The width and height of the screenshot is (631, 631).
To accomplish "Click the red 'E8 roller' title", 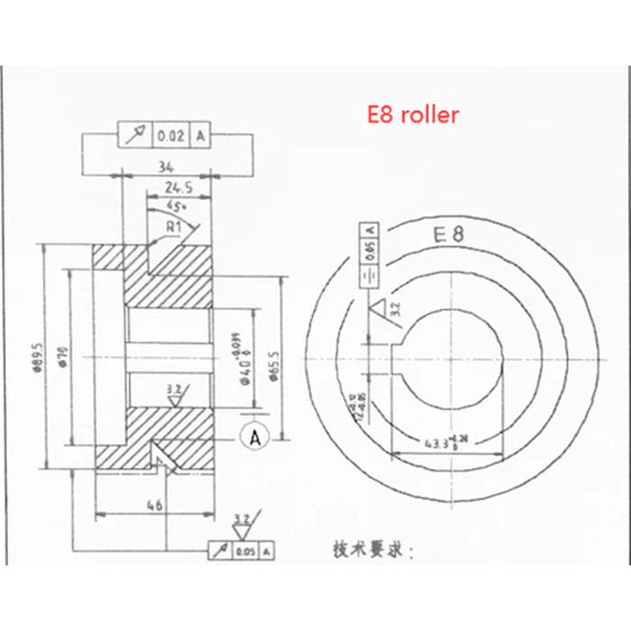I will tap(412, 114).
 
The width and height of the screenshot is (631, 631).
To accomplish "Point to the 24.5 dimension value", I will tap(178, 188).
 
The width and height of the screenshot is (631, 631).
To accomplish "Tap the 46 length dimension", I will tap(154, 508).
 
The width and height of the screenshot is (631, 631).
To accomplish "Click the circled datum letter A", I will tap(254, 437).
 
